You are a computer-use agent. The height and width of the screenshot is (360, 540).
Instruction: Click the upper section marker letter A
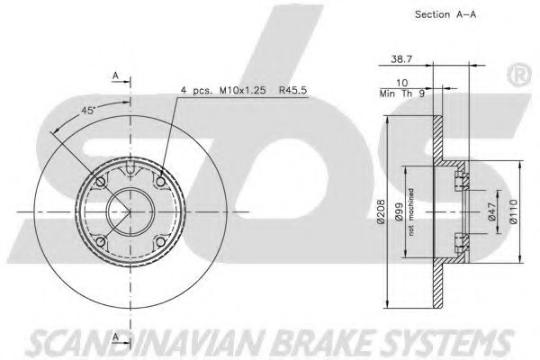click(114, 74)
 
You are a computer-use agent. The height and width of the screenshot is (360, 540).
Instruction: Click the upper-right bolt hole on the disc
click(160, 182)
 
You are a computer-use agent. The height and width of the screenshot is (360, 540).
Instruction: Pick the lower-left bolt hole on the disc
click(101, 241)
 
